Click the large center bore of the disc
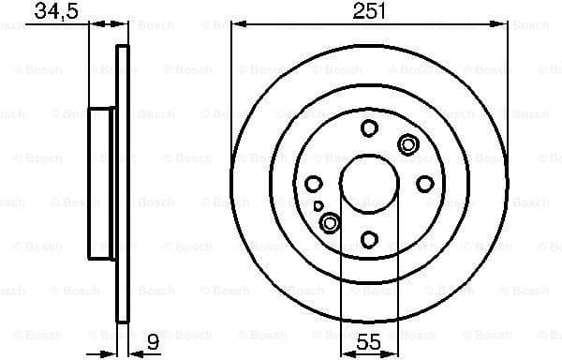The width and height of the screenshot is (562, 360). click(368, 183)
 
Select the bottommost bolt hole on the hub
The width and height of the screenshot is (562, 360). click(369, 239)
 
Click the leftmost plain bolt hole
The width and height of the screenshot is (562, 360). click(314, 184)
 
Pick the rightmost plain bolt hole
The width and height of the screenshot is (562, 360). click(424, 184)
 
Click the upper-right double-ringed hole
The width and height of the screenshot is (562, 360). click(407, 143)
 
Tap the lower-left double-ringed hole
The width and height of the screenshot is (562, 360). click(330, 222)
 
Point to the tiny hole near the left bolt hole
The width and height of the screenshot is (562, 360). click(319, 205)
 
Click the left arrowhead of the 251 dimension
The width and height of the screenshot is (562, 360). click(235, 25)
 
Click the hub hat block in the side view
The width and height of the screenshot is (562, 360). click(101, 183)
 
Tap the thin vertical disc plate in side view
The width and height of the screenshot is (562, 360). click(121, 183)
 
